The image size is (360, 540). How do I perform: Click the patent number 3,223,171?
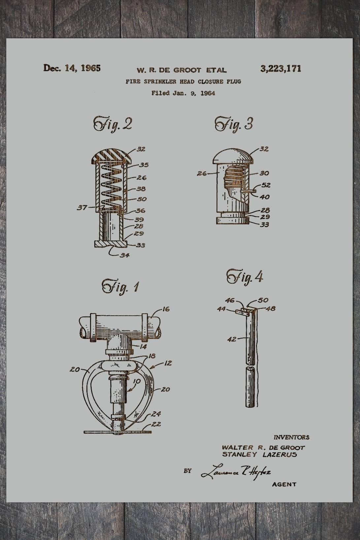pos(280,69)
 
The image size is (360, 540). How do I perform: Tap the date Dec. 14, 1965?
pos(72,68)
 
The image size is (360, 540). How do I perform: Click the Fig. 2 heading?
pos(113,124)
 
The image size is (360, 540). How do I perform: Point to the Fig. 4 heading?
pos(245,277)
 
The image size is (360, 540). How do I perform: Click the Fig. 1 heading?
pos(120,286)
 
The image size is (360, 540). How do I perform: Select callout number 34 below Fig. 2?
pos(124,255)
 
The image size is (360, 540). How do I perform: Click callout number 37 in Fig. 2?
pos(82,207)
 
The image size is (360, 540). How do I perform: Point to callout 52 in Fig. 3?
pos(266,185)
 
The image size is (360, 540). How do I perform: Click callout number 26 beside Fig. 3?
pos(202,173)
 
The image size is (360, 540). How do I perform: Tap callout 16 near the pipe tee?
pos(166,309)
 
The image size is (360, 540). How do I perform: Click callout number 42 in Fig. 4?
pos(232,339)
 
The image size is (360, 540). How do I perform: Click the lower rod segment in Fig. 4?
pos(250,388)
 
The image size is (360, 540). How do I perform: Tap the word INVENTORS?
pos(291,437)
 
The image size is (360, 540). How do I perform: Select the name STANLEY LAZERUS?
pos(259,455)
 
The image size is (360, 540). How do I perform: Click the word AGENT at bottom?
pos(284,484)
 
